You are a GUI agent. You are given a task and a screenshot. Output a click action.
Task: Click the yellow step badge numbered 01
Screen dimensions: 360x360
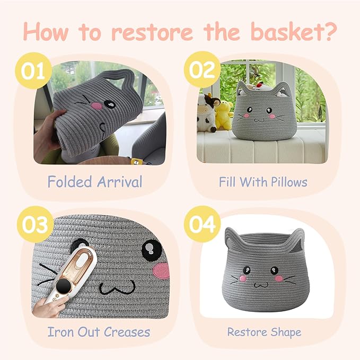pos(33,71)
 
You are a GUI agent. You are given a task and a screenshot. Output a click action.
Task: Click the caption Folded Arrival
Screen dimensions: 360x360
pos(95,182)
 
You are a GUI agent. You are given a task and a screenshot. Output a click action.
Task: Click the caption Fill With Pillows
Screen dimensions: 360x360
pos(263,182)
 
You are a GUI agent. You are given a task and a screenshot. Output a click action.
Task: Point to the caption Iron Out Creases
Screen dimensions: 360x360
pos(99,332)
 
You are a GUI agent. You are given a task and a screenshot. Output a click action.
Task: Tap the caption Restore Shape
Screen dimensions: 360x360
pos(264,332)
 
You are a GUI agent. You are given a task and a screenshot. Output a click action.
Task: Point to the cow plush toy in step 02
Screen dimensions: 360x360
pos(208,111)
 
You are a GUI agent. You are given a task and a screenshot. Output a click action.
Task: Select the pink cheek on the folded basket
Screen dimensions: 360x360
pos(97,106)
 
